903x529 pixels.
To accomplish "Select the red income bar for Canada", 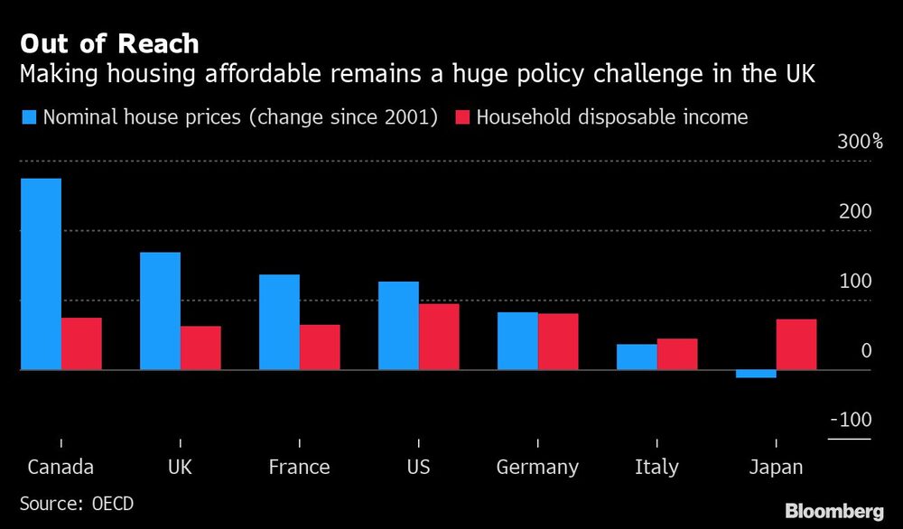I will click(81, 343).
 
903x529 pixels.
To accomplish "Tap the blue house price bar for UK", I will click(160, 311).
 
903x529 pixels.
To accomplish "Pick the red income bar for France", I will click(320, 347).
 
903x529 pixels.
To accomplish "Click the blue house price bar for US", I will click(398, 325).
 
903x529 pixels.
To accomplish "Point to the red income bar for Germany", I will click(558, 341).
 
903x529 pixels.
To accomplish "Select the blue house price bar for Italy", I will click(637, 357).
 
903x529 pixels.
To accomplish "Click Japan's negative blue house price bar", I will click(756, 374).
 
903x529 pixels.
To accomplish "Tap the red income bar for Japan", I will click(796, 344).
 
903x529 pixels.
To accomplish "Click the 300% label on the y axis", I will click(859, 142).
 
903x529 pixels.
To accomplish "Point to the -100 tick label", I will click(851, 420).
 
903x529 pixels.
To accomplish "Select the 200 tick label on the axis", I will click(854, 211).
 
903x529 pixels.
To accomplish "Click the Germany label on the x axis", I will click(537, 468).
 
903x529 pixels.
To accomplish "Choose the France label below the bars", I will click(299, 468).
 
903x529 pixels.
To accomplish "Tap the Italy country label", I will click(656, 468).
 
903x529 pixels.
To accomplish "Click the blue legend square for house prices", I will click(28, 116).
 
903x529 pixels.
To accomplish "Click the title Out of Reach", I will click(109, 43).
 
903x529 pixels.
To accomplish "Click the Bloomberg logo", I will click(833, 511).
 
